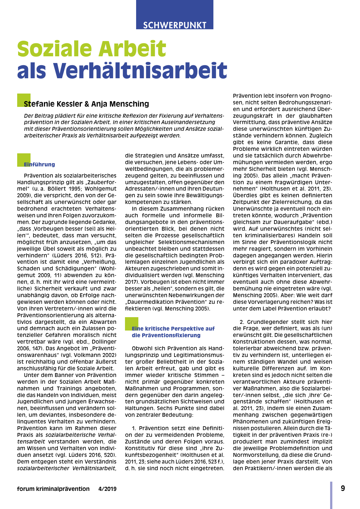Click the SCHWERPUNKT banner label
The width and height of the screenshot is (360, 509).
click(x=175, y=25)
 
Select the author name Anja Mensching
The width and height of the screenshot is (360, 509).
click(x=120, y=104)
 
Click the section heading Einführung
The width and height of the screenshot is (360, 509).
click(x=39, y=164)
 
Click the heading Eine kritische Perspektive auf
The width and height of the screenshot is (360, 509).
click(x=173, y=329)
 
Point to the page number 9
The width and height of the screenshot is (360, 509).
click(x=343, y=488)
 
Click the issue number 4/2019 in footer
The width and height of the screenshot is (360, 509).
click(x=107, y=489)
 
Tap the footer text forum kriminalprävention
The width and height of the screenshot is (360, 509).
click(x=53, y=489)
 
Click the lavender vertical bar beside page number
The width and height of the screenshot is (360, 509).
click(x=331, y=495)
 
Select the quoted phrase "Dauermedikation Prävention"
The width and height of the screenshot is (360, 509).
click(x=168, y=302)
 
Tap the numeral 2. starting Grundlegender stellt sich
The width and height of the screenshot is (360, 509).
click(x=242, y=322)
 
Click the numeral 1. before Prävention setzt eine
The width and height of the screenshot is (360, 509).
click(x=134, y=428)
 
